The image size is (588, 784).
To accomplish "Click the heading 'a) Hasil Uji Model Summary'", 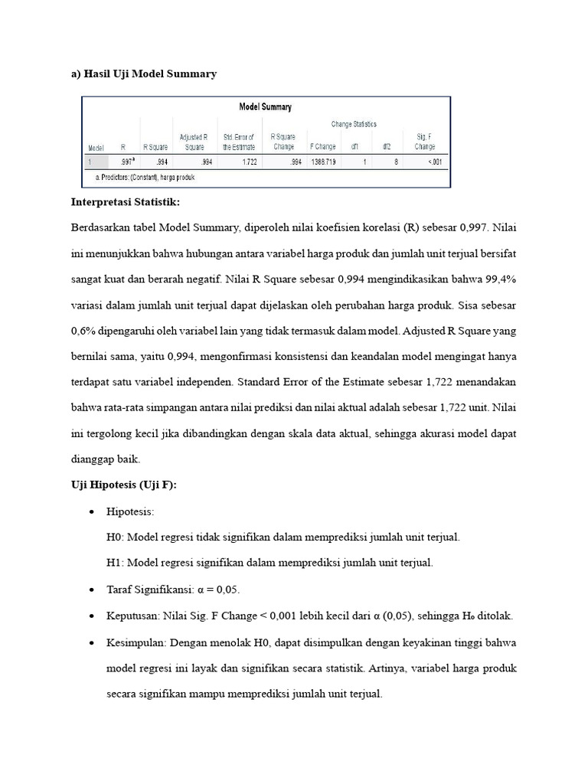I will tap(144, 73).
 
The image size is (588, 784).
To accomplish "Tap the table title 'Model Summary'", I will tap(266, 107).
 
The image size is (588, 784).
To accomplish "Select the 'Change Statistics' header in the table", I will tap(354, 124).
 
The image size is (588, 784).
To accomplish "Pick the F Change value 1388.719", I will tap(322, 162).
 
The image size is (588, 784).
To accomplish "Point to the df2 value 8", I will tap(396, 162).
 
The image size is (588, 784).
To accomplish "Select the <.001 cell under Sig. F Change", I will tap(433, 162).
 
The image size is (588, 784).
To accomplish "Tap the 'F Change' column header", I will tap(322, 146).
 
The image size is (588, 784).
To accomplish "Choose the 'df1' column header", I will tap(355, 146).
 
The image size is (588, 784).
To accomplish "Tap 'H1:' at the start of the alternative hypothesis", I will tap(116, 563).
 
